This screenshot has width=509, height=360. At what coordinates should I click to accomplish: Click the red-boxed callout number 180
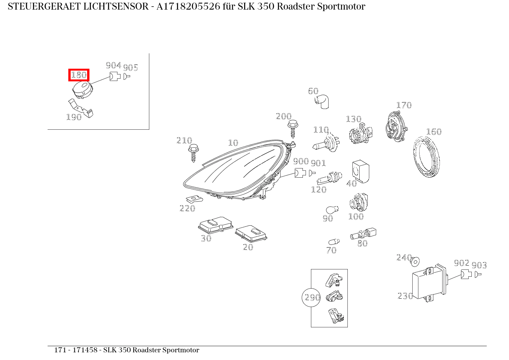(79, 75)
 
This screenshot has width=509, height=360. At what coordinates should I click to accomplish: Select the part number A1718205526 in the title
(188, 7)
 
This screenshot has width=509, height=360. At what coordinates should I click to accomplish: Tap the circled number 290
(312, 297)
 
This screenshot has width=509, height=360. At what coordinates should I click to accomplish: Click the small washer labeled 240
(415, 262)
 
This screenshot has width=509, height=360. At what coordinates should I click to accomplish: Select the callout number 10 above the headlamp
(233, 143)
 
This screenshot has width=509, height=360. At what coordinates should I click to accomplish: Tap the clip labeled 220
(194, 199)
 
